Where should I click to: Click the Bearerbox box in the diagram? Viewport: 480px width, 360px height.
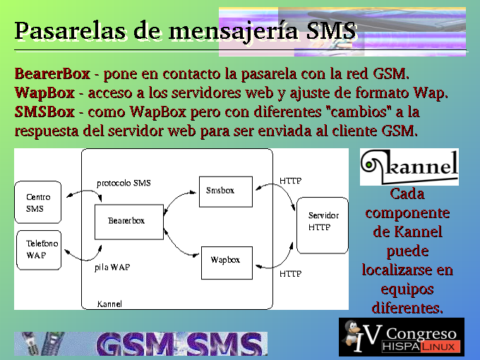click(x=129, y=222)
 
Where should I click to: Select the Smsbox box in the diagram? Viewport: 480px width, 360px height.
click(x=226, y=191)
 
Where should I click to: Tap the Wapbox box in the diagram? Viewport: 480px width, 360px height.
click(x=227, y=263)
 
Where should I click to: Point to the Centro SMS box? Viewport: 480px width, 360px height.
click(x=38, y=202)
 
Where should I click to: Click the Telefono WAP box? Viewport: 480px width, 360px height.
click(x=39, y=250)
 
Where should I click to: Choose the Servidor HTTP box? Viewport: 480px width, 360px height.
click(x=323, y=225)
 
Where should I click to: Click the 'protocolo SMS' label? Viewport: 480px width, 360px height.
click(x=124, y=183)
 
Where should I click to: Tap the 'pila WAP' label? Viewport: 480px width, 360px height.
click(x=112, y=268)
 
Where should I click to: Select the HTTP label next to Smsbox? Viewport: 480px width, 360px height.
click(x=291, y=181)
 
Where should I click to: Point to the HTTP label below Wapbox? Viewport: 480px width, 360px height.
click(x=291, y=273)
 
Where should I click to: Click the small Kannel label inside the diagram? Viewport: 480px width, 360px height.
click(x=109, y=304)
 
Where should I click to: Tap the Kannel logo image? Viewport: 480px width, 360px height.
click(x=409, y=167)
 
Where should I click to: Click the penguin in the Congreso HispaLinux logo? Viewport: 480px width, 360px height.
click(x=352, y=334)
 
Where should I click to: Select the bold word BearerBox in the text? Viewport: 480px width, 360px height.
click(x=52, y=74)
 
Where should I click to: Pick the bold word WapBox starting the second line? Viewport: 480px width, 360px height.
click(x=44, y=92)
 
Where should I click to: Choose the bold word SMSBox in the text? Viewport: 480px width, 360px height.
click(x=44, y=112)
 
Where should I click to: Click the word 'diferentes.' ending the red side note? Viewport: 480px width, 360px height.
click(x=407, y=308)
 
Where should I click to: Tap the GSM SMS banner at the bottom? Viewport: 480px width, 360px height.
click(x=140, y=344)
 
